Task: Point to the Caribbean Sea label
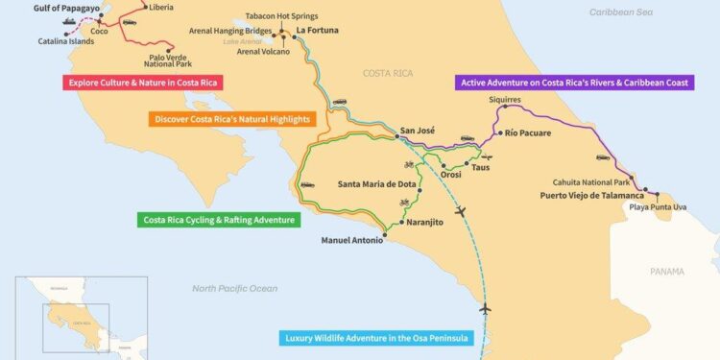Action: click(x=621, y=12)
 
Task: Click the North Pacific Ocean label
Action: click(x=234, y=288)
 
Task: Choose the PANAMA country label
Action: click(x=667, y=272)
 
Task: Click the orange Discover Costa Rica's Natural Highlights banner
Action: click(x=231, y=119)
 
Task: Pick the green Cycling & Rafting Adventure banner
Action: click(x=218, y=220)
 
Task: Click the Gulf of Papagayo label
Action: click(x=65, y=8)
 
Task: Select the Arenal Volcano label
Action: click(x=263, y=51)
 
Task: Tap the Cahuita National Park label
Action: click(x=591, y=181)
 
